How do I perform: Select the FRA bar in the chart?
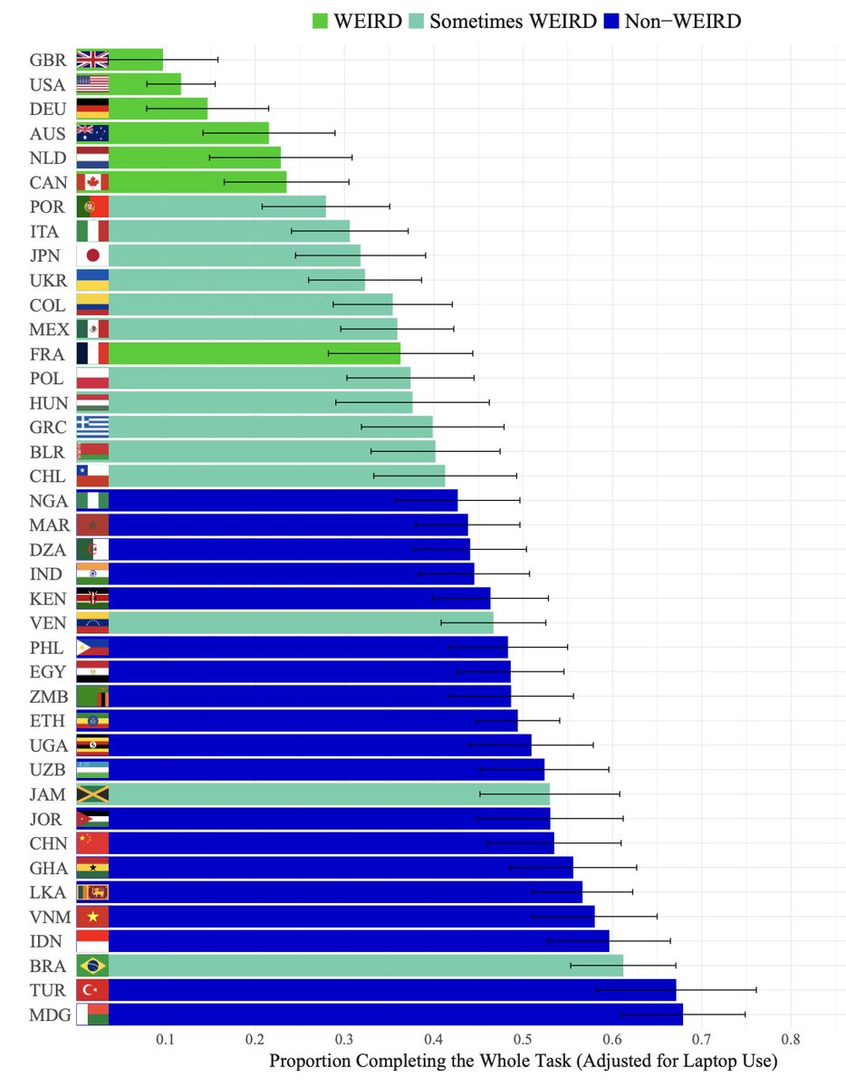[254, 353]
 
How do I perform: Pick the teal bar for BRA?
[362, 966]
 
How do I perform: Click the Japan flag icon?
[92, 255]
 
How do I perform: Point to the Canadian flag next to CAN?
[92, 182]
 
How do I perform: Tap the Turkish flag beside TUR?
[92, 990]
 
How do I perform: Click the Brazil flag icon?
[92, 966]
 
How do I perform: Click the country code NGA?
[46, 500]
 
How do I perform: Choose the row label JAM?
[46, 794]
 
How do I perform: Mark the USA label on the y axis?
[46, 85]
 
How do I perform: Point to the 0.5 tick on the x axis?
[524, 1039]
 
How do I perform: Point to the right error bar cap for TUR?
[756, 990]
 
